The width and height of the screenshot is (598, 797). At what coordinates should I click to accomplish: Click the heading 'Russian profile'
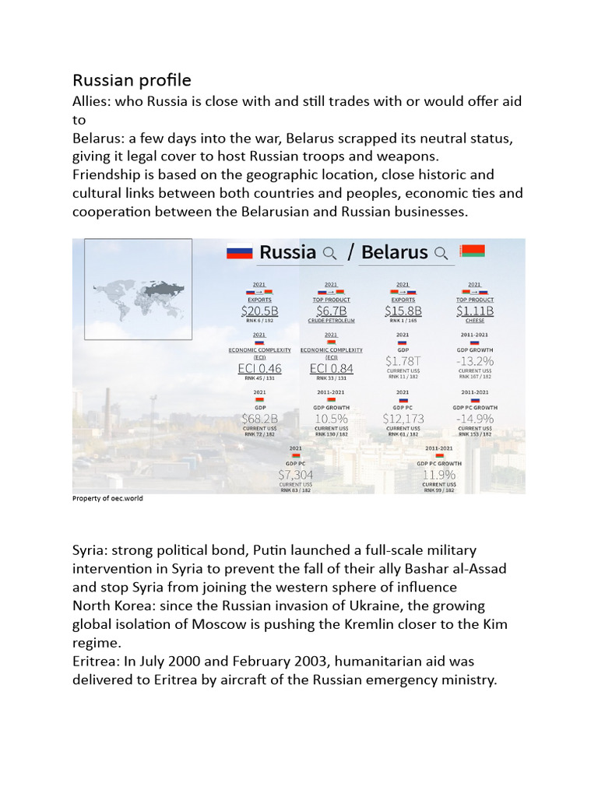click(132, 80)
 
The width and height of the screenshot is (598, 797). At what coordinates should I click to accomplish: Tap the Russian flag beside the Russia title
click(240, 252)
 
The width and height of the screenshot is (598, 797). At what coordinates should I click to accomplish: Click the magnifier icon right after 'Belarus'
click(441, 252)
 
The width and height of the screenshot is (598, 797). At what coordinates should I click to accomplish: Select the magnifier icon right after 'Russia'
click(329, 252)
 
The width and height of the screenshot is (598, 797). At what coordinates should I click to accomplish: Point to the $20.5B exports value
click(259, 311)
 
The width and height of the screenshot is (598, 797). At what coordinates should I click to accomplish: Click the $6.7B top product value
click(331, 311)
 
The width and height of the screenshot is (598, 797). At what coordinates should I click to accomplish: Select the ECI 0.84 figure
click(331, 368)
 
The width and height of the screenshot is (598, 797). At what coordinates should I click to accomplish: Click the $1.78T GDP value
click(403, 361)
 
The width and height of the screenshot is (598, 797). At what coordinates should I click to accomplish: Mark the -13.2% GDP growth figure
click(474, 361)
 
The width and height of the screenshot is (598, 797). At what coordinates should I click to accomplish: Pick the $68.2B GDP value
click(259, 419)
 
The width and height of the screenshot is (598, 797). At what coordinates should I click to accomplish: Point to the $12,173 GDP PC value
click(403, 419)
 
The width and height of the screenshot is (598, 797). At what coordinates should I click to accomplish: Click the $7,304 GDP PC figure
click(295, 474)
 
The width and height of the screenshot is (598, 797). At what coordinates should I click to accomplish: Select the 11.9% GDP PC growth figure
click(438, 474)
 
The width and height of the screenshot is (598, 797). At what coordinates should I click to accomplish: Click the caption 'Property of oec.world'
click(107, 499)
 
